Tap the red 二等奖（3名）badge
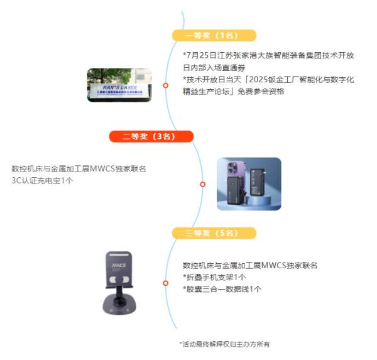point(151,136)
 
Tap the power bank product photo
point(249,183)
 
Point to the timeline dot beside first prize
point(166,85)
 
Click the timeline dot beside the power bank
point(202,184)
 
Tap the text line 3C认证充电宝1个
point(42,180)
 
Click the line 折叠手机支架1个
point(214,277)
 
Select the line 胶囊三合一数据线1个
point(222,289)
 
